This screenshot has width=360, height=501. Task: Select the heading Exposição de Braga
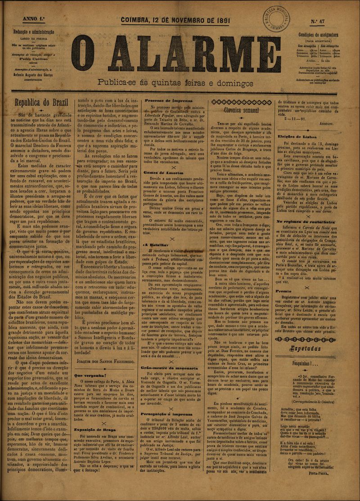(x=94, y=429)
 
